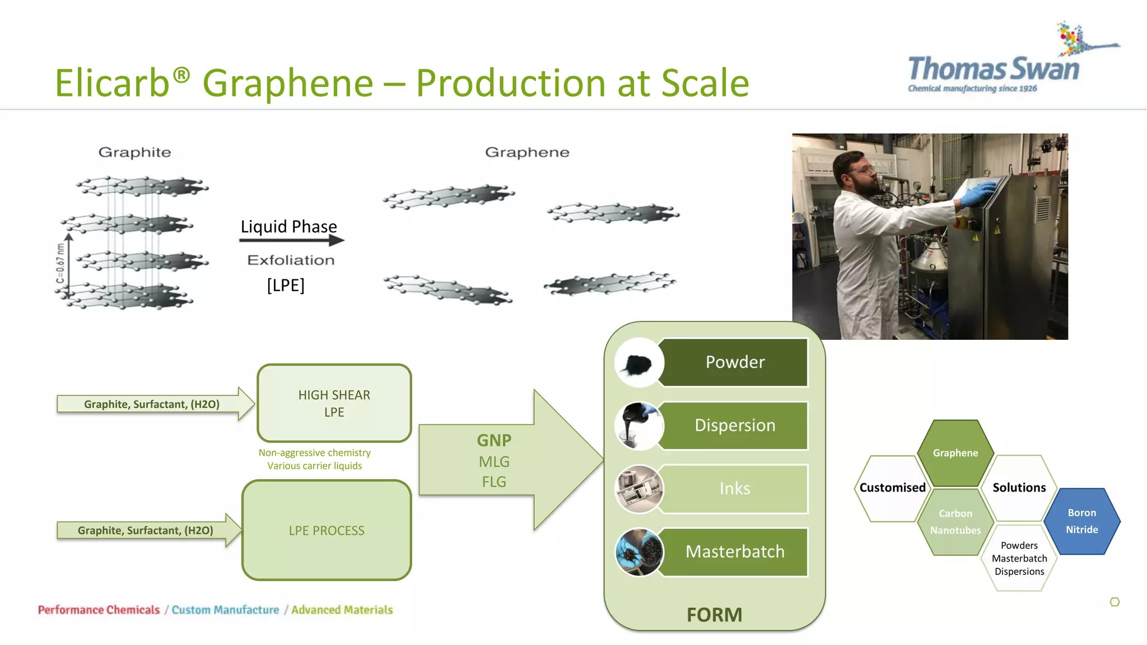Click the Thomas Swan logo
tap(994, 69)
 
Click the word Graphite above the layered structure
tap(134, 152)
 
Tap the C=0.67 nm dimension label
tap(60, 263)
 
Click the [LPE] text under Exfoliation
tap(286, 285)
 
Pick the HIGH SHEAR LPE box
tap(334, 403)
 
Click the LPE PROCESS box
tap(327, 530)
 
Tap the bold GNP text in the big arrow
tap(494, 440)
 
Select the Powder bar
tap(734, 362)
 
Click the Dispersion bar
tap(734, 426)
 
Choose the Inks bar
tap(734, 489)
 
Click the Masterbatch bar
tap(734, 552)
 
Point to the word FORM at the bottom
tap(714, 615)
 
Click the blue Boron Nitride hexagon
tap(1081, 521)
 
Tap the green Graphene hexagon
tap(955, 453)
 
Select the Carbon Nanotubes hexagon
tap(955, 522)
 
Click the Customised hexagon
tap(892, 488)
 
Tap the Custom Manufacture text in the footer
tap(225, 610)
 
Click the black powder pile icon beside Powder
tap(638, 364)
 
